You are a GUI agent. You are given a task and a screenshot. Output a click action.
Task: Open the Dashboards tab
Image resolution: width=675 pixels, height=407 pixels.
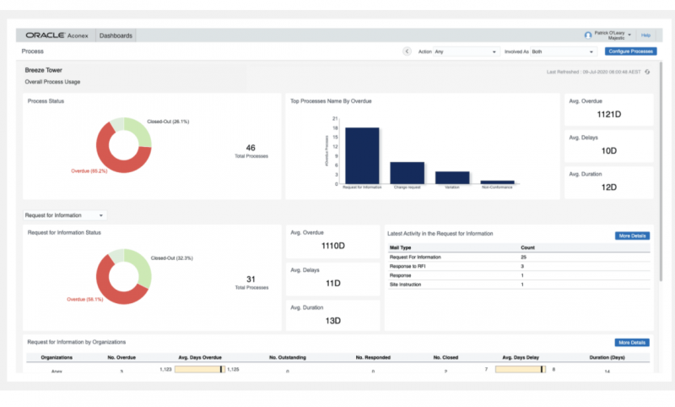[116, 35]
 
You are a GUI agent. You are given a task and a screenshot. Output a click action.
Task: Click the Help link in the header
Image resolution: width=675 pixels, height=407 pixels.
[645, 35]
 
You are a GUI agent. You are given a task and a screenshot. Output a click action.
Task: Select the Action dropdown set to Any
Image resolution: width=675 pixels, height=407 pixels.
[465, 52]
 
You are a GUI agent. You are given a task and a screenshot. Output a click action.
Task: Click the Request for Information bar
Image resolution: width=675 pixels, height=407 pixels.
[361, 155]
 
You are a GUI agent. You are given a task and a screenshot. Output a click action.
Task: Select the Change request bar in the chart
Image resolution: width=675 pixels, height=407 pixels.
[407, 172]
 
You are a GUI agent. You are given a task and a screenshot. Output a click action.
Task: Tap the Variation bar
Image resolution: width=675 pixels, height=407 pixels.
[452, 177]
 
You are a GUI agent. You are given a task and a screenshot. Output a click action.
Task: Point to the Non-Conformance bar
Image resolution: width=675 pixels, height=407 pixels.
[497, 182]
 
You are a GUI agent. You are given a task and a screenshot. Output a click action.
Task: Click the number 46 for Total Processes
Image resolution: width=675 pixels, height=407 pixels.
[251, 148]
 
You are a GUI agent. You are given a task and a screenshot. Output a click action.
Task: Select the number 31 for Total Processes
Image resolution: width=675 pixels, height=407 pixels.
[251, 279]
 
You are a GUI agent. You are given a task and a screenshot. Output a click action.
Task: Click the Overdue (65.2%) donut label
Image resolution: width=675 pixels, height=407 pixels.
[89, 171]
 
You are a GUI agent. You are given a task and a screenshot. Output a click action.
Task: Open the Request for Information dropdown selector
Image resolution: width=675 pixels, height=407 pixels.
[65, 215]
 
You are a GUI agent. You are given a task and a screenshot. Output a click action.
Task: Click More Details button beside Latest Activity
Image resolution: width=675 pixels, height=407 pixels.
[632, 236]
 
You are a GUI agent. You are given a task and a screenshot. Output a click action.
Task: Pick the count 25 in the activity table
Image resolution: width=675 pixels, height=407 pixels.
[524, 257]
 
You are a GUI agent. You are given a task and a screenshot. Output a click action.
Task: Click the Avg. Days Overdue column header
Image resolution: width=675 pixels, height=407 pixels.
[199, 357]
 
